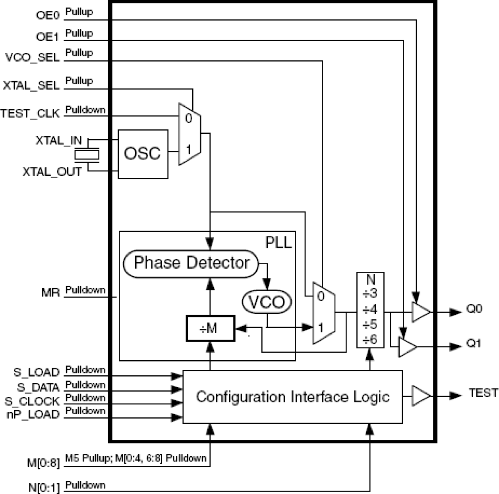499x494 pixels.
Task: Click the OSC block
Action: [x=143, y=154]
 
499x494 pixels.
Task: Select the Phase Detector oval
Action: [x=191, y=263]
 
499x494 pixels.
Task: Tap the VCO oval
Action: [x=267, y=302]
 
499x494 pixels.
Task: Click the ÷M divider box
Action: [x=211, y=328]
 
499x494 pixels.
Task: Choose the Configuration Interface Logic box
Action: [x=292, y=397]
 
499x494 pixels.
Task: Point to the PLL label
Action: [x=278, y=242]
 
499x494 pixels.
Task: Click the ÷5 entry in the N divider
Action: [x=370, y=325]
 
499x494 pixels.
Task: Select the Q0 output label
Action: [x=474, y=309]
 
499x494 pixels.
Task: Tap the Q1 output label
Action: [x=474, y=343]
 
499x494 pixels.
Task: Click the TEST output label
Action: [x=483, y=393]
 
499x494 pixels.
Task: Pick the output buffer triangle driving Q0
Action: [x=420, y=312]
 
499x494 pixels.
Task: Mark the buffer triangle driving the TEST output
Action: [x=420, y=396]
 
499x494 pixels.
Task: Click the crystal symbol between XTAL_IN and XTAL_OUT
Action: [x=87, y=155]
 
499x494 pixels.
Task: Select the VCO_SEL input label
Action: [x=32, y=58]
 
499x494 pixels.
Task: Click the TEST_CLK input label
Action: [x=30, y=113]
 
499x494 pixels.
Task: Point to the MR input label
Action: [x=50, y=293]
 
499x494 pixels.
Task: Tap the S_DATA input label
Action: [x=38, y=387]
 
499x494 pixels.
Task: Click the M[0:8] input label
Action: [x=43, y=463]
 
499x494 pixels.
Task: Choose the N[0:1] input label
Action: [x=44, y=488]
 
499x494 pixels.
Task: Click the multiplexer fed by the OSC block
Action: [x=189, y=134]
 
